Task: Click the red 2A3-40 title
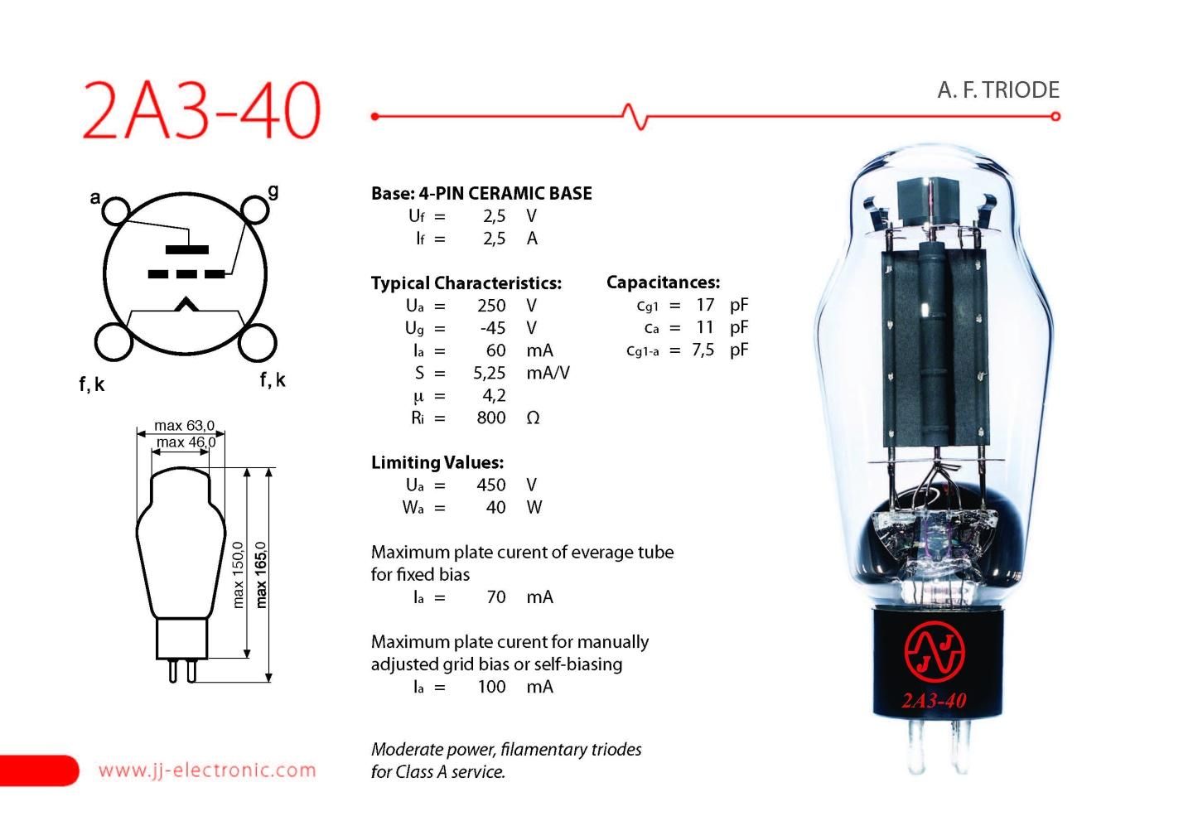(x=201, y=110)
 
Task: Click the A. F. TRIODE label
(x=998, y=89)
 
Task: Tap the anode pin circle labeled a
(x=116, y=210)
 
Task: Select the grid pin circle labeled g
(x=255, y=210)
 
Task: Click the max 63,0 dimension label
(x=184, y=426)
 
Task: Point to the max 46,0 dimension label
(x=186, y=442)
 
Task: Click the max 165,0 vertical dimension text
(x=262, y=574)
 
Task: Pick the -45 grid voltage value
(x=493, y=328)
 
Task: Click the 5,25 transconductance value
(x=490, y=373)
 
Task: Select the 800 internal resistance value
(x=491, y=418)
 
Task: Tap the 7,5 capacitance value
(x=703, y=350)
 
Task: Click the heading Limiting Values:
(x=437, y=462)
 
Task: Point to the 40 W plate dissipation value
(x=496, y=507)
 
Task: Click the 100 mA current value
(x=491, y=686)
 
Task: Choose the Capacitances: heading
(x=663, y=283)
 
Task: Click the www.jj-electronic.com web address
(x=207, y=770)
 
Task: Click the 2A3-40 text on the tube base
(x=934, y=701)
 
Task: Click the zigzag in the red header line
(x=635, y=116)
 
